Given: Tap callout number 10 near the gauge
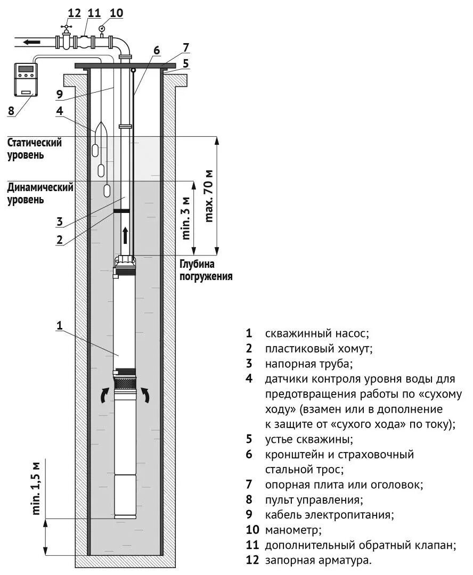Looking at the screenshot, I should point(116,12).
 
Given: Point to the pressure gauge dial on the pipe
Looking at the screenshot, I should point(102,24).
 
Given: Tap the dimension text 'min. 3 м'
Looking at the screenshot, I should point(186,218).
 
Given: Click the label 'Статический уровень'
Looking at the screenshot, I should point(34,149).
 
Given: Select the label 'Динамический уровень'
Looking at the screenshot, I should point(39,193).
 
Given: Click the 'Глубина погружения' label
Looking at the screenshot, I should point(206,270).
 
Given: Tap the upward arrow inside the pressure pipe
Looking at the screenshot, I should point(126,234).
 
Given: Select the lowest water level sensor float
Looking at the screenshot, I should point(107,191).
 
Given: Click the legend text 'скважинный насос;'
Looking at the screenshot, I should point(317,334).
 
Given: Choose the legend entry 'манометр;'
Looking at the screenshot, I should point(293,530).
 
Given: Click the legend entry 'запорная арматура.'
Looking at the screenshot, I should point(318,561).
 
